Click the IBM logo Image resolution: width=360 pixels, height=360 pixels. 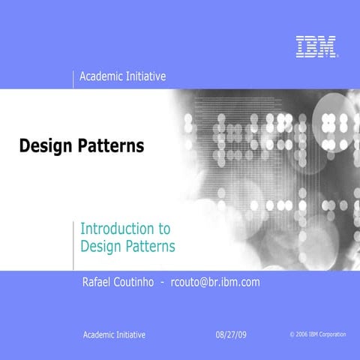[315, 46]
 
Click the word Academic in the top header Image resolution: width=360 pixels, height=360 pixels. [102, 76]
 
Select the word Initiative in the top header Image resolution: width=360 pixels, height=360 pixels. [146, 76]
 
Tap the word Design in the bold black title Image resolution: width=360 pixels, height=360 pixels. [46, 145]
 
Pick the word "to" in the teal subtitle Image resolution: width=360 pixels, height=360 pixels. [166, 229]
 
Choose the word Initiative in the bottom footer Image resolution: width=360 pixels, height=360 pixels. [130, 334]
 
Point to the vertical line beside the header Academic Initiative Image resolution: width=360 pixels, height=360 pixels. [73, 77]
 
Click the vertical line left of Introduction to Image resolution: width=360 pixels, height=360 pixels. [73, 244]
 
